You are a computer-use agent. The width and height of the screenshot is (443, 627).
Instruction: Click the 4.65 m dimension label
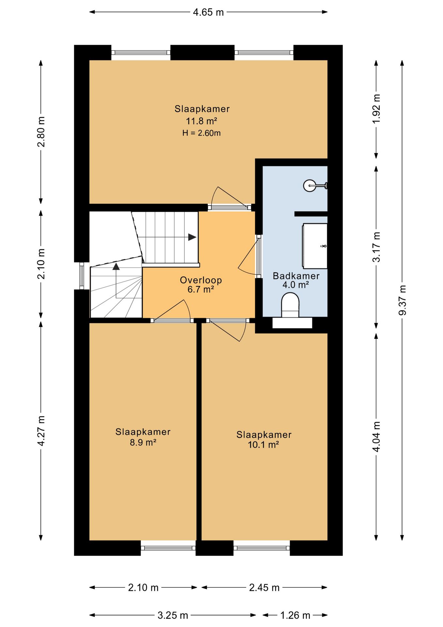(208, 12)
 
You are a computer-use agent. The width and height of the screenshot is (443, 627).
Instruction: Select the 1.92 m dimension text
(376, 109)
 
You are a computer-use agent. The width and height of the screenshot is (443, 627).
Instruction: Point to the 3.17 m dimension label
(376, 247)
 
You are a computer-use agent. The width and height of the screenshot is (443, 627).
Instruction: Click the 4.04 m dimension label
(376, 436)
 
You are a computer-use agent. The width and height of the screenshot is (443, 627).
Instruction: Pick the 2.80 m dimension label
(41, 132)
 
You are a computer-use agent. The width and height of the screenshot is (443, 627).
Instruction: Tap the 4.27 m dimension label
(41, 431)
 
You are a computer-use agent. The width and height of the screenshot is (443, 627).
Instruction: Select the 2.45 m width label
(264, 588)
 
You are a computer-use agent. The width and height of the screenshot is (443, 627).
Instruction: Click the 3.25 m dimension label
(173, 616)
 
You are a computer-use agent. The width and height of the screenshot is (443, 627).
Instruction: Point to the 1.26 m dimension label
(295, 616)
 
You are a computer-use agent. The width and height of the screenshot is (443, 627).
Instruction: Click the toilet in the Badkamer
(290, 305)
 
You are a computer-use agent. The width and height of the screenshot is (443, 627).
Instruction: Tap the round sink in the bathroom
(309, 185)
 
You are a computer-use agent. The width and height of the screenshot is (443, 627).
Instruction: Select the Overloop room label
(201, 280)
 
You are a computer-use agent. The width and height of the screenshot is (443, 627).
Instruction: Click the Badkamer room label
(296, 276)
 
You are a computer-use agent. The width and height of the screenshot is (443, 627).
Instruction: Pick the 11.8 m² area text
(202, 121)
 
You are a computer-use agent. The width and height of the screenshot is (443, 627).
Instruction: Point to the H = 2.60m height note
(201, 133)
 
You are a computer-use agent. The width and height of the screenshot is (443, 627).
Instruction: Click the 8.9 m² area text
(143, 442)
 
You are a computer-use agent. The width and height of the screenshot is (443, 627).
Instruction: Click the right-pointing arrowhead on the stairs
(192, 237)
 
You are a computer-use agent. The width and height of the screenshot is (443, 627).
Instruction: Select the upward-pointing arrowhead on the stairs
(116, 266)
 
